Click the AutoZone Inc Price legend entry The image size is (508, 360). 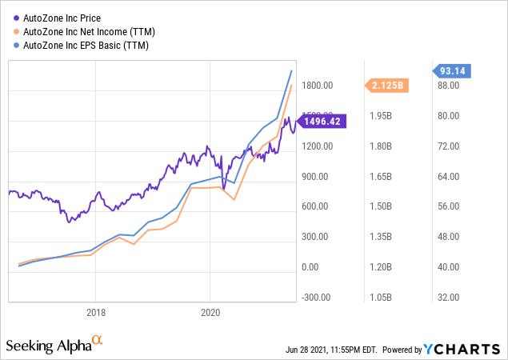pos(66,15)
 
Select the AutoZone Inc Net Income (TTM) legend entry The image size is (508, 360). pos(89,30)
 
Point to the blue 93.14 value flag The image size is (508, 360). pos(453,71)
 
